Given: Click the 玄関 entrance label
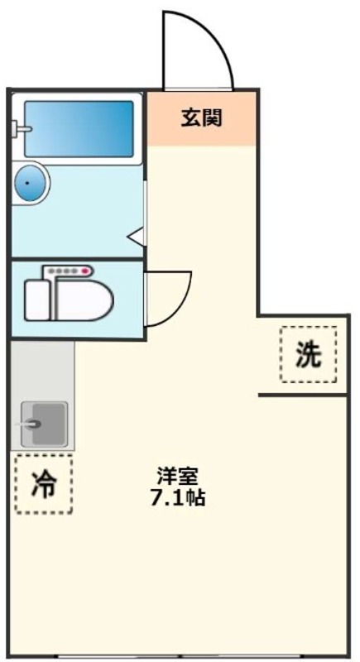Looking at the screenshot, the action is point(201,118).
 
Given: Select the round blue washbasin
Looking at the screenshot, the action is point(30,184).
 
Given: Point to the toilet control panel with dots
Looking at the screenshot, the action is point(68,271).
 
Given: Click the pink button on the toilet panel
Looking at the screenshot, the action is point(86,271).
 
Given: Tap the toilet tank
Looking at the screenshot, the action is point(37,300).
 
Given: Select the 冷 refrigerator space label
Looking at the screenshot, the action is point(44,484).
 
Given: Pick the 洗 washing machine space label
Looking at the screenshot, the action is point(308,354).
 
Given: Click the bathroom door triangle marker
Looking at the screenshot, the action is point(136,237).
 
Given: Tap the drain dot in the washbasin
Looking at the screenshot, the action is point(28,183).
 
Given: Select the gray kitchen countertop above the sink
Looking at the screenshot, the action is point(43,369).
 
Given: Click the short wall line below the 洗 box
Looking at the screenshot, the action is point(303,396).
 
